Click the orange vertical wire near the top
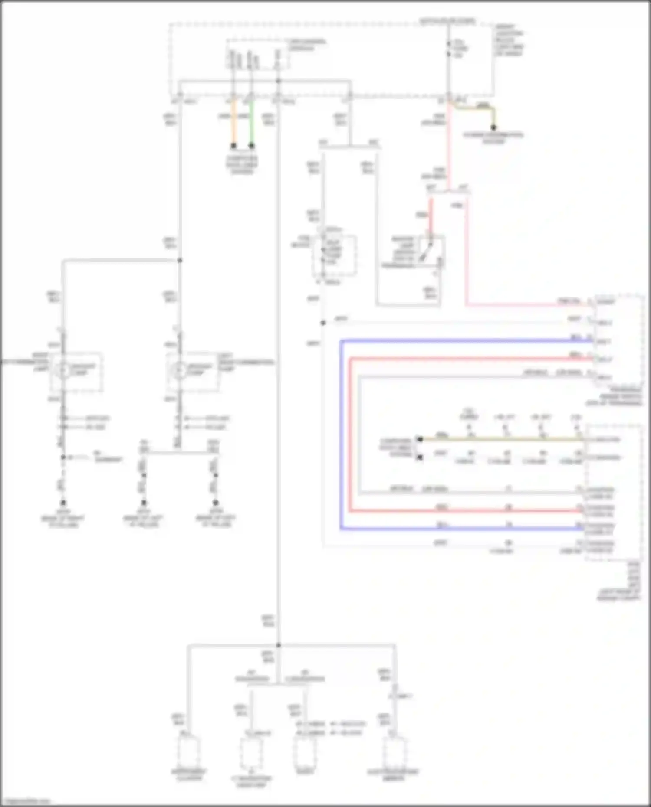233,124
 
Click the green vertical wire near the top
251,124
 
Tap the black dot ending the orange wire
233,146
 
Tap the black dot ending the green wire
251,146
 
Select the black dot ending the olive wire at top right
493,128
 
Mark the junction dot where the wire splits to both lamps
180,260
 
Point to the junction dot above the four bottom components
278,645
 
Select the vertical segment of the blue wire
341,434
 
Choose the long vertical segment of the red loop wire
351,434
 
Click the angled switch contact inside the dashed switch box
426,252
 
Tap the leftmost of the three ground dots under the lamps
63,503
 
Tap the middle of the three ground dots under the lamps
144,503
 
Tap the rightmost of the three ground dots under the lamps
216,503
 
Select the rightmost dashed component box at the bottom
395,753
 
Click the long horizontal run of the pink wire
529,305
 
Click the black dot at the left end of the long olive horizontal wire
420,439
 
